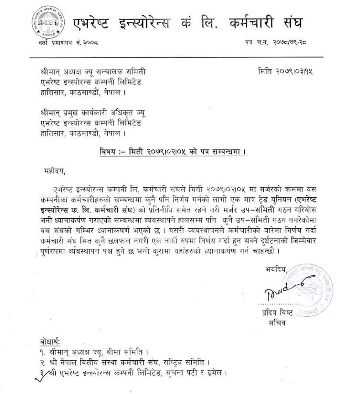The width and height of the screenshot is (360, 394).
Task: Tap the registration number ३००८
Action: [89, 43]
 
